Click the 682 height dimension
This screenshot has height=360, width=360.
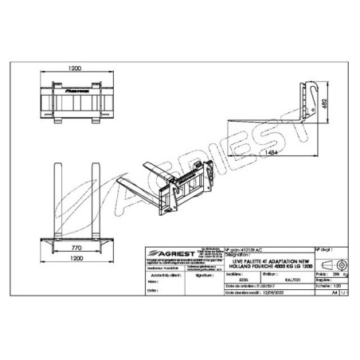click(323, 105)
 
